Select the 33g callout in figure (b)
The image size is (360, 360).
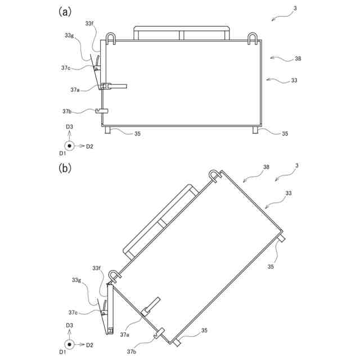[76, 280]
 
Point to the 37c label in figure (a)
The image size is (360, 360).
[66, 67]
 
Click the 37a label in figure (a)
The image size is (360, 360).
[75, 89]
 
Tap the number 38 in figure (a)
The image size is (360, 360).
[298, 58]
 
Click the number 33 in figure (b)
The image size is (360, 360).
[288, 193]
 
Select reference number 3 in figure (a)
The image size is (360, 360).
[295, 8]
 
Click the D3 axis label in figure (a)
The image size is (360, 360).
[69, 127]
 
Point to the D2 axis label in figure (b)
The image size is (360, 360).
[89, 344]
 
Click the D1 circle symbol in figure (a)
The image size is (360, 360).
[69, 146]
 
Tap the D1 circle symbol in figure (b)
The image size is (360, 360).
[69, 344]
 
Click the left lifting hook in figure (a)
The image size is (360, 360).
[110, 38]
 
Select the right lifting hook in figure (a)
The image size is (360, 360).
[253, 38]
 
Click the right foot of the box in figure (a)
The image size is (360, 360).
[255, 129]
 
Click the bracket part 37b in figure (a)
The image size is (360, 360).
[101, 110]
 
